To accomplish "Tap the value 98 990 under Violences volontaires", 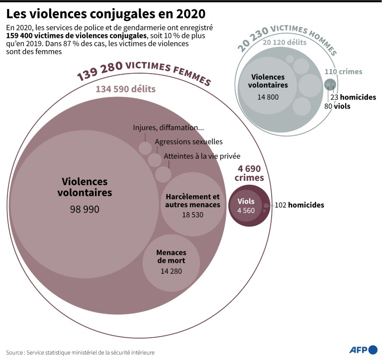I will [x=85, y=209].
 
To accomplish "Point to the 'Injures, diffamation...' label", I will [x=168, y=127].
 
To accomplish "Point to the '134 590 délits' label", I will [x=125, y=89].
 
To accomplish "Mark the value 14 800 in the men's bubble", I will [x=268, y=97].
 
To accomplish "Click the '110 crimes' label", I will [x=343, y=72].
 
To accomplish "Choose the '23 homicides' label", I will [x=353, y=98].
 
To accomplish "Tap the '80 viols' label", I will [x=337, y=107].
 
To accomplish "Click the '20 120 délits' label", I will [x=285, y=43].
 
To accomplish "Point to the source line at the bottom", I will [x=80, y=352].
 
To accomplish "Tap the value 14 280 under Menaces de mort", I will [x=171, y=271].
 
